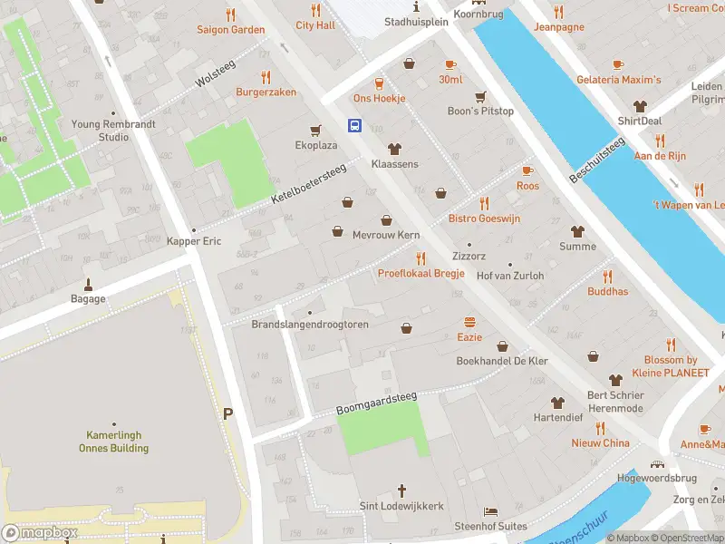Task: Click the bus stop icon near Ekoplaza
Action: (355, 126)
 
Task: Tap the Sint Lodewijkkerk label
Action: (401, 506)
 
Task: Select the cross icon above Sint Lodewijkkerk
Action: (401, 490)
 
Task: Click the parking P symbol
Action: (227, 413)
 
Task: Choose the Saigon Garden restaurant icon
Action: (231, 15)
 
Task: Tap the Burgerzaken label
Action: (266, 92)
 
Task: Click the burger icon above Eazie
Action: (469, 322)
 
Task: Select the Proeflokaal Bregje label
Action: (420, 274)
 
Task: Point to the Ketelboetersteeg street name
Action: (309, 185)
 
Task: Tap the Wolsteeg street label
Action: (215, 75)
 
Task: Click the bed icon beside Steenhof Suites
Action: (490, 511)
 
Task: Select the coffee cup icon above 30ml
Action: (450, 63)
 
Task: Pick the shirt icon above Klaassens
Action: (394, 149)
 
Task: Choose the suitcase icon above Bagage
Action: (89, 283)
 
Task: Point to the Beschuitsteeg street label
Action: (597, 160)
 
